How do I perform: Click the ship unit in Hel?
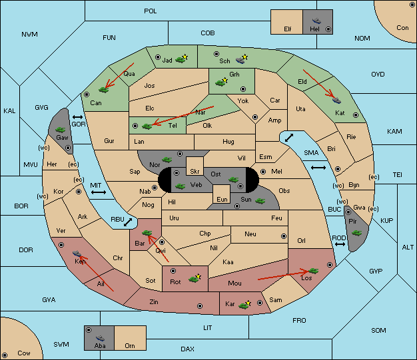[x=316, y=21]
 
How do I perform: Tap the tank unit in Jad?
[x=181, y=59]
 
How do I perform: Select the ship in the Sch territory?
[x=240, y=60]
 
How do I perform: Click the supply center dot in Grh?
[x=243, y=89]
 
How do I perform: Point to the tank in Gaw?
[x=61, y=130]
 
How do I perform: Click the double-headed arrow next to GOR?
[x=78, y=117]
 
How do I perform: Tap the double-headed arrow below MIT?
[x=99, y=192]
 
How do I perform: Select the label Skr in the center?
[x=195, y=172]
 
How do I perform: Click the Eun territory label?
[x=222, y=199]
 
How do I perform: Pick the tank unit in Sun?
[x=260, y=201]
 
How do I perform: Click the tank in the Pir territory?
[x=356, y=233]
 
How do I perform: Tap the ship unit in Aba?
[x=100, y=338]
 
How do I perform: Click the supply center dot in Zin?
[x=200, y=306]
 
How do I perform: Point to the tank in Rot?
[x=194, y=279]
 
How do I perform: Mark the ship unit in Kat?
[x=336, y=100]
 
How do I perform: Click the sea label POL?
[x=151, y=11]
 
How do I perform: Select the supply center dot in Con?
[x=412, y=5]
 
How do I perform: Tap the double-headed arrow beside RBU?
[x=128, y=222]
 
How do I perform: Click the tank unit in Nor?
[x=167, y=160]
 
